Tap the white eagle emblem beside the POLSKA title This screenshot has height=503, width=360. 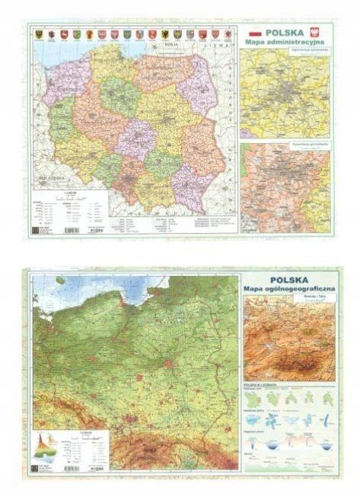[320, 33]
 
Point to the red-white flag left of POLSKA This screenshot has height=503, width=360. [256, 33]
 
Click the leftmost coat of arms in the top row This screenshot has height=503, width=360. [37, 34]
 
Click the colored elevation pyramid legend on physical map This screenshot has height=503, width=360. [46, 443]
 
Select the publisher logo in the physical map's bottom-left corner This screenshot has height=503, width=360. [35, 467]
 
